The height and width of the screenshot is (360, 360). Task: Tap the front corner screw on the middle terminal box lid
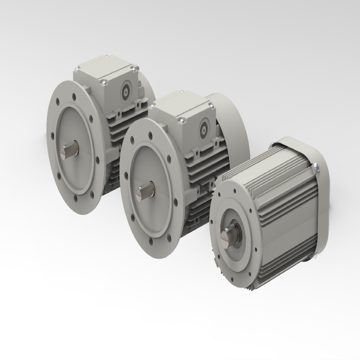click(181, 121)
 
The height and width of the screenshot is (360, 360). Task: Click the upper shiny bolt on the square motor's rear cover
click(317, 166)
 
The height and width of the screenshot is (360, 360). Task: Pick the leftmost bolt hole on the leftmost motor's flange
click(53, 136)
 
